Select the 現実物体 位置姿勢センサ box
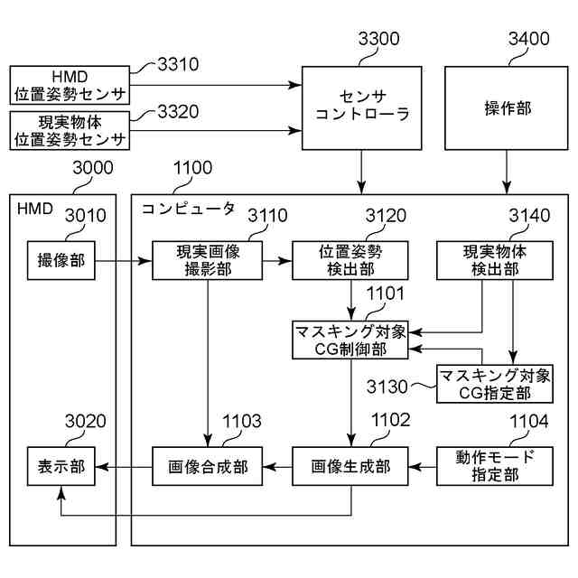(x=70, y=131)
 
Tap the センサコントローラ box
(x=361, y=107)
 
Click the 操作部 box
(x=507, y=107)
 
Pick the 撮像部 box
(x=61, y=260)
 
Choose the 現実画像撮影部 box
(x=207, y=260)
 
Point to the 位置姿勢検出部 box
(x=350, y=260)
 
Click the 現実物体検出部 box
(x=493, y=260)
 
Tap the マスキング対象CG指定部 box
(x=493, y=384)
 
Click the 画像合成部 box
(x=207, y=466)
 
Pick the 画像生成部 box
(x=350, y=466)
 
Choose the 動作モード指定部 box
(x=493, y=466)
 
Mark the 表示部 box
(x=61, y=466)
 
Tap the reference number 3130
(x=389, y=386)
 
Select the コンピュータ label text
(x=187, y=209)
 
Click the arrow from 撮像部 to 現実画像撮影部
(x=122, y=261)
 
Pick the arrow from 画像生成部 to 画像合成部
(x=277, y=467)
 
